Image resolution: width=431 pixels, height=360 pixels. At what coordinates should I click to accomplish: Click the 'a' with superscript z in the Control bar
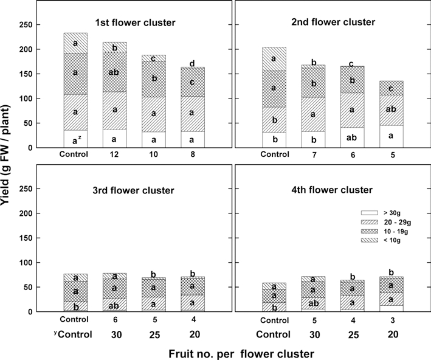(x=75, y=140)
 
